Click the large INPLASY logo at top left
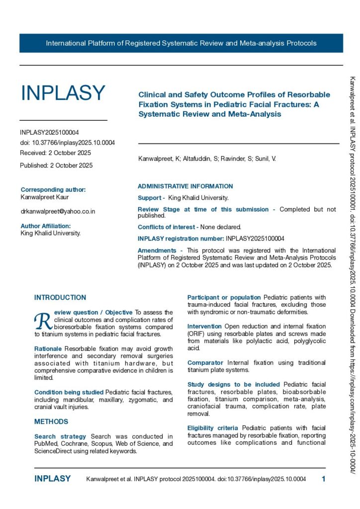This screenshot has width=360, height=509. pyautogui.click(x=63, y=93)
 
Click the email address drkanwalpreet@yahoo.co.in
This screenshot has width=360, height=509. pyautogui.click(x=58, y=211)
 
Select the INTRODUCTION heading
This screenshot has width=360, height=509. pyautogui.click(x=60, y=297)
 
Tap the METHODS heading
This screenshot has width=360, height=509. pyautogui.click(x=51, y=422)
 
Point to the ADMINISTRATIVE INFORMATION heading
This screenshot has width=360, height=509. pyautogui.click(x=185, y=186)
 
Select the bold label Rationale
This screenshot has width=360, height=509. pyautogui.click(x=48, y=348)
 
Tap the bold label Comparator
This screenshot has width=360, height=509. pyautogui.click(x=205, y=363)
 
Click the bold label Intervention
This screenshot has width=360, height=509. pyautogui.click(x=204, y=326)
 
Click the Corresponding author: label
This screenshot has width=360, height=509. pyautogui.click(x=53, y=189)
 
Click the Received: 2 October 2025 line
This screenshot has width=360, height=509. pyautogui.click(x=55, y=153)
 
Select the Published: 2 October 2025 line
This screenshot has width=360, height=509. pyautogui.click(x=56, y=165)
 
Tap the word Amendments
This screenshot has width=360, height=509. pyautogui.click(x=157, y=251)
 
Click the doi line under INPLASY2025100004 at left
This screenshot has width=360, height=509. pyautogui.click(x=67, y=143)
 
